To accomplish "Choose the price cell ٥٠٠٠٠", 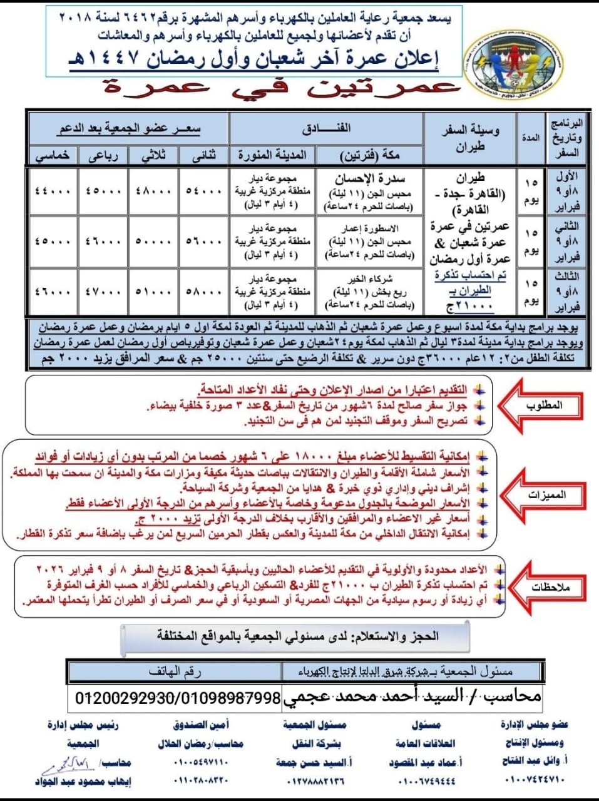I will coord(153,242).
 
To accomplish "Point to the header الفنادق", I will coord(326,128).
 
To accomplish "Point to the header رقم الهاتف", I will coord(175,671).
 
